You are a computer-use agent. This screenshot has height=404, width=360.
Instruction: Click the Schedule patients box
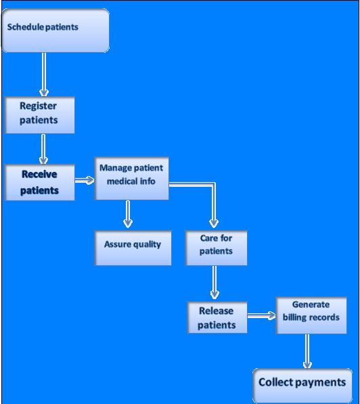pos(55,30)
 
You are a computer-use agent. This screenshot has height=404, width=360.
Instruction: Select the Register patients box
pos(39,114)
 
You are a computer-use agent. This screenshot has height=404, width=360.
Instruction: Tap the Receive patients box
pos(39,182)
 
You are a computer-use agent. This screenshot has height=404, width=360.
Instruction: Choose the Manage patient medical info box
pos(131,179)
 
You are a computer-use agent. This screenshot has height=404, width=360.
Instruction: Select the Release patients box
pos(216,317)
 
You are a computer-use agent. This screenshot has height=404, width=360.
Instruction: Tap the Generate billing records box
pos(311,315)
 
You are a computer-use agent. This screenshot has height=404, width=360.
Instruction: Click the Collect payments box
pos(302,383)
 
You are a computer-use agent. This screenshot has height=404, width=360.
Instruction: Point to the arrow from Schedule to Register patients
pos(45,74)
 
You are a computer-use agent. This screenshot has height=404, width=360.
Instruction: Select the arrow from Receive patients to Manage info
pos(85,180)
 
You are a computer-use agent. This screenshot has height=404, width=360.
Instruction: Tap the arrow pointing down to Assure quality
pos(127,215)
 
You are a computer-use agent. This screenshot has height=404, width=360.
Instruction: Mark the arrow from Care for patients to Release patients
pos(215,282)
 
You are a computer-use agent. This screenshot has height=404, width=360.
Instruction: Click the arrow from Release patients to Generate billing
pos(261,315)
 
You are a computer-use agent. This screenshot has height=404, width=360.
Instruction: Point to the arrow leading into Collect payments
pos(307,351)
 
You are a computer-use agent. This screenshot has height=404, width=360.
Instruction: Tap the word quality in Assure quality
pos(148,244)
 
